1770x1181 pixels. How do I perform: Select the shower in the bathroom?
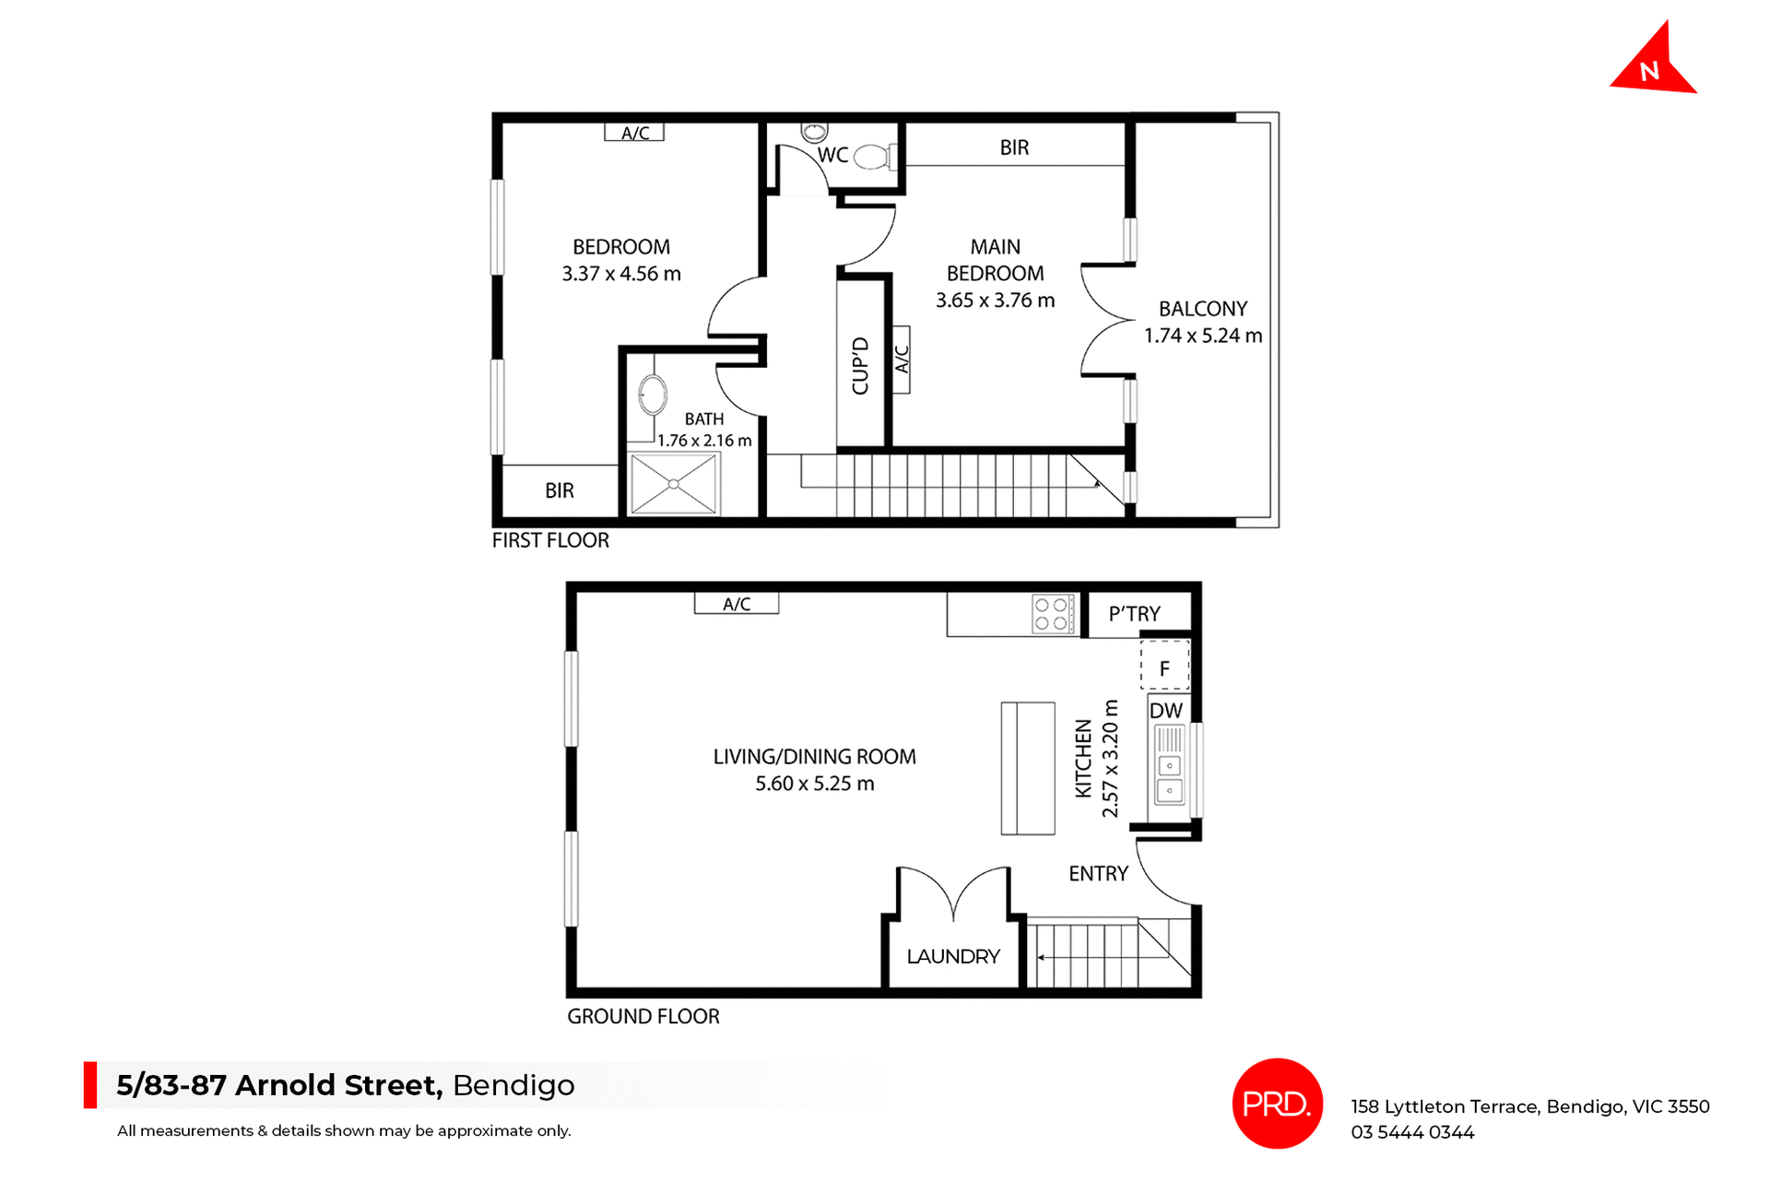674,484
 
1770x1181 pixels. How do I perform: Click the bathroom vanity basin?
653,395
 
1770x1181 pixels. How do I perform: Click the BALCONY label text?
1202,309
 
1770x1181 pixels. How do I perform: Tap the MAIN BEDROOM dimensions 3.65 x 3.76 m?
995,301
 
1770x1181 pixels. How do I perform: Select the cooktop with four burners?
1051,614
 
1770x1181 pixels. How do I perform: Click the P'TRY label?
1134,614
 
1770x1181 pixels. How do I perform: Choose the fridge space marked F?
1164,667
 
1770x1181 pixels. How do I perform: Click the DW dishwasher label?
1165,711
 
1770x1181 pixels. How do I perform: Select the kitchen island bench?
1028,768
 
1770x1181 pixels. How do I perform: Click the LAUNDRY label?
953,956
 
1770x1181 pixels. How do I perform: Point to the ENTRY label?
1098,874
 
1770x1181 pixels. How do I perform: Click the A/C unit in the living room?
737,604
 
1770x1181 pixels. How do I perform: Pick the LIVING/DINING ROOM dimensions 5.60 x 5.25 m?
814,784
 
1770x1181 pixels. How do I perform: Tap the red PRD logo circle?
1277,1104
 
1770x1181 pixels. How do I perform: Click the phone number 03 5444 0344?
1412,1132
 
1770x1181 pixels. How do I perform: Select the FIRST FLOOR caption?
550,540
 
